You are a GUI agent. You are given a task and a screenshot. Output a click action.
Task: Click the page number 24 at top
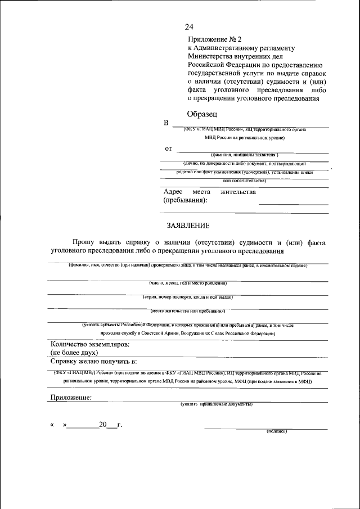point(189,27)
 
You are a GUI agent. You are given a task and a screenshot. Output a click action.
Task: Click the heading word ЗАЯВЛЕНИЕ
point(188,226)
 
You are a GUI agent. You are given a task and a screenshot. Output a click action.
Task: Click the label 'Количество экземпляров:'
point(90,344)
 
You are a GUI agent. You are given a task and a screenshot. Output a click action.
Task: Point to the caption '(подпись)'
point(277,431)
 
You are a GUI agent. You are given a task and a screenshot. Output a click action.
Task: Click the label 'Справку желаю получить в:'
point(94,361)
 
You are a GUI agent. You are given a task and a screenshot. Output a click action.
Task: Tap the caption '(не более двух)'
point(74,353)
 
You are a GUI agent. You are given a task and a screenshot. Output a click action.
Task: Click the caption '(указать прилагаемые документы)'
point(217,404)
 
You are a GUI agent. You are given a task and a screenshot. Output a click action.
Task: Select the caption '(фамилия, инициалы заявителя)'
point(245,155)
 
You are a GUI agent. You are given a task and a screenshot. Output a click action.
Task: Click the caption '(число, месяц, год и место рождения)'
point(188,283)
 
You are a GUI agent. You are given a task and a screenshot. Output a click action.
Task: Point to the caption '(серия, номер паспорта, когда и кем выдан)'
point(188,296)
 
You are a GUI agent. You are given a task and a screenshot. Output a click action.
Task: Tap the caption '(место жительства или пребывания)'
point(188,310)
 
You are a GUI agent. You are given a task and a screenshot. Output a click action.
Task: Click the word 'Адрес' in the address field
point(173,192)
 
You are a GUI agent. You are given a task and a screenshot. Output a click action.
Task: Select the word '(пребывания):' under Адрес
point(185,200)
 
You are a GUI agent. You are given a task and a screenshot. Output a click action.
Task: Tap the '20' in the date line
point(103,425)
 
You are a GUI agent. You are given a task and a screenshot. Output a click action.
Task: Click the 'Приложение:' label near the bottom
point(71,397)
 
